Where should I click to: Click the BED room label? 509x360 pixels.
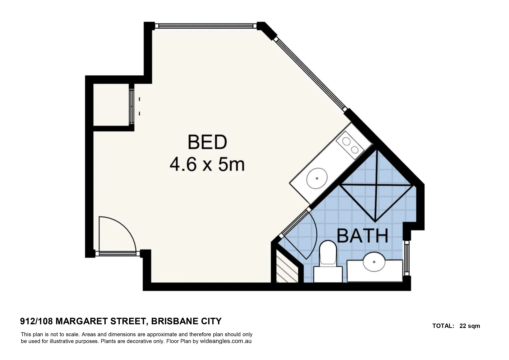pyautogui.click(x=207, y=142)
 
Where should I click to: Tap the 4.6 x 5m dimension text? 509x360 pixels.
pyautogui.click(x=207, y=164)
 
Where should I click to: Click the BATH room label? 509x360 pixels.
pyautogui.click(x=363, y=236)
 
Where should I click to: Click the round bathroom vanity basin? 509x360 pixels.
pyautogui.click(x=374, y=262)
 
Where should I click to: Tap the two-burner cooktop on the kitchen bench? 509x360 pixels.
pyautogui.click(x=350, y=146)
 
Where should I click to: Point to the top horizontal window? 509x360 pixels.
pyautogui.click(x=205, y=26)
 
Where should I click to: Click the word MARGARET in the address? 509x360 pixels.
pyautogui.click(x=81, y=321)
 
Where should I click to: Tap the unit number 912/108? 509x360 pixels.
pyautogui.click(x=36, y=321)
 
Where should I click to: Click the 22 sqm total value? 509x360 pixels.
pyautogui.click(x=470, y=326)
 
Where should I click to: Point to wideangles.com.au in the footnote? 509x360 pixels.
pyautogui.click(x=226, y=341)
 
